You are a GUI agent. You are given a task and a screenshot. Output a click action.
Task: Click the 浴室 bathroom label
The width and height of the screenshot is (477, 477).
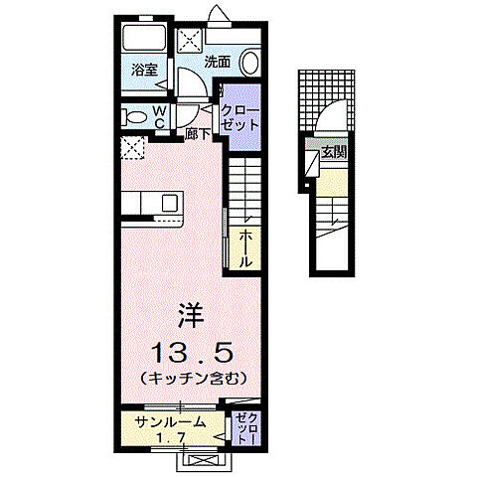(144, 70)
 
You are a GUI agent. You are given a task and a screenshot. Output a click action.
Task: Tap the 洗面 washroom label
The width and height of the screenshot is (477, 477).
(218, 62)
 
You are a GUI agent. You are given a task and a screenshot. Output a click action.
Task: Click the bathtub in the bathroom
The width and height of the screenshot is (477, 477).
(144, 42)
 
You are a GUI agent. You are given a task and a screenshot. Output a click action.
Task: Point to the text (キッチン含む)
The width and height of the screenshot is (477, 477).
(192, 379)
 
